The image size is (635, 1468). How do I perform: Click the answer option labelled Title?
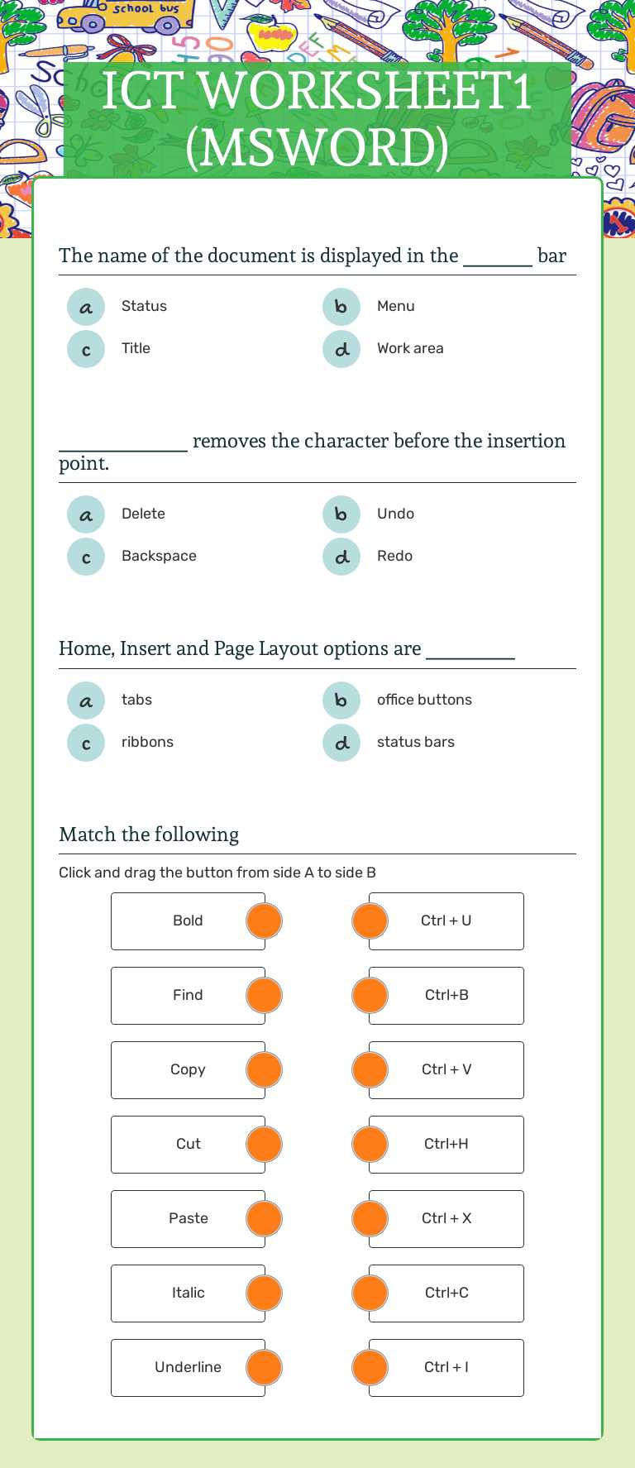point(136,348)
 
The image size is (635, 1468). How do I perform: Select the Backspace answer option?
point(159,556)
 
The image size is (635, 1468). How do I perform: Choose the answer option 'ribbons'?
point(147,742)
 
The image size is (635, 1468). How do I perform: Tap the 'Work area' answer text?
point(410,348)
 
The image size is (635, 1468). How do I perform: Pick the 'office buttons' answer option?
point(424,700)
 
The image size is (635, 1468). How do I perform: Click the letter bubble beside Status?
point(86,308)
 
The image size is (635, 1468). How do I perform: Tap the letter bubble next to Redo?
point(341,557)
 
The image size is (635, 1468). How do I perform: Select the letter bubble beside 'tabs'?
point(86,701)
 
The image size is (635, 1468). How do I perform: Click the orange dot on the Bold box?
point(265,920)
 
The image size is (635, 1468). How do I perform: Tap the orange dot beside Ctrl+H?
point(370,1144)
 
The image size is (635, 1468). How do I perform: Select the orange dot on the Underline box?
point(265,1367)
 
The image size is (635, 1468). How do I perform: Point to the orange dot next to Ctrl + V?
point(370,1069)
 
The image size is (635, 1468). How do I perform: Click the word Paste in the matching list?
point(189,1218)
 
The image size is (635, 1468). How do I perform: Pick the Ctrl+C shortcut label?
point(446,1293)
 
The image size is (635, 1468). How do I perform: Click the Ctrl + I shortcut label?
point(446,1367)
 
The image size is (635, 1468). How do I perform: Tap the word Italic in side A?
point(189,1293)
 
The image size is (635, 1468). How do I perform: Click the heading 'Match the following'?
point(149,834)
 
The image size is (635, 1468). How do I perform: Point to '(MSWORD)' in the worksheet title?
point(317,147)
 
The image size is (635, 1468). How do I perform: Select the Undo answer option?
point(395,514)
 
